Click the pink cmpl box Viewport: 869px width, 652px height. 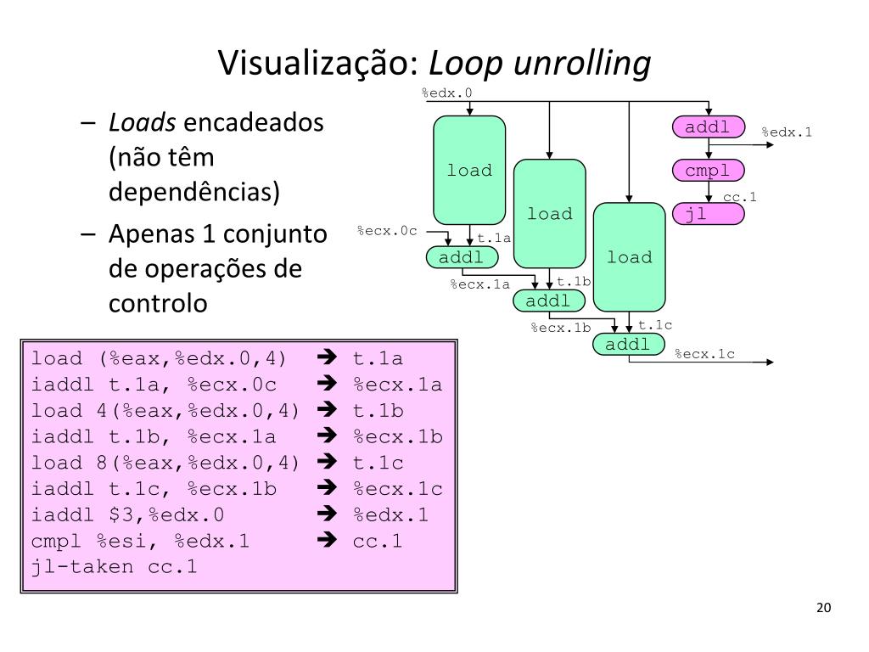coord(708,171)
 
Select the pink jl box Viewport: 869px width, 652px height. coord(708,214)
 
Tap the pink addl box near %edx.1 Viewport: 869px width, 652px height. coord(708,127)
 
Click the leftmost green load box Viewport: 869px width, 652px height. coord(469,171)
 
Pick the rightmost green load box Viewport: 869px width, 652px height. coord(629,257)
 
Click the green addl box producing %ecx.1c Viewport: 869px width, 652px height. coord(629,344)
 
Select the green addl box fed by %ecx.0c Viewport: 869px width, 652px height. coord(461,257)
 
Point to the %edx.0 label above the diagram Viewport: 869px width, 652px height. coord(446,93)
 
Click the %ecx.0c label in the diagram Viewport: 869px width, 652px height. coord(387,231)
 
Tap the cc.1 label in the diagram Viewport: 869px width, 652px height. coord(739,197)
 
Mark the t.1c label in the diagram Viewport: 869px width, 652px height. coord(655,325)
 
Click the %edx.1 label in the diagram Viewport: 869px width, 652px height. coord(786,132)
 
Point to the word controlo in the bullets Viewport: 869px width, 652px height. coord(158,303)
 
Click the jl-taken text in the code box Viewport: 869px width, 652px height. coord(81,567)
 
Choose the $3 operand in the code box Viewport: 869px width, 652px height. coord(121,515)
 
